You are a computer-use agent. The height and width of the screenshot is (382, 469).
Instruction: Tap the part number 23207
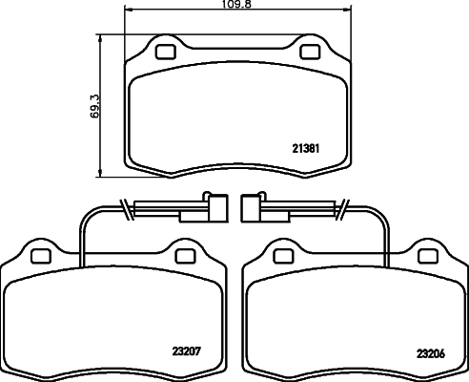187,350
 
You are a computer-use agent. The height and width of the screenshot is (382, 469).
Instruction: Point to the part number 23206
429,351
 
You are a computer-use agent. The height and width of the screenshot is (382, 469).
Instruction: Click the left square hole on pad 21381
165,52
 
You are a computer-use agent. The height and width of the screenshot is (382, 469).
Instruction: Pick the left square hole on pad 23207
40,255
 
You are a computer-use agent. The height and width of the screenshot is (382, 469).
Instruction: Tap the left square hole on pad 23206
282,255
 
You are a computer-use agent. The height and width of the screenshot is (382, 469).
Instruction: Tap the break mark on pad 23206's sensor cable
344,204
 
